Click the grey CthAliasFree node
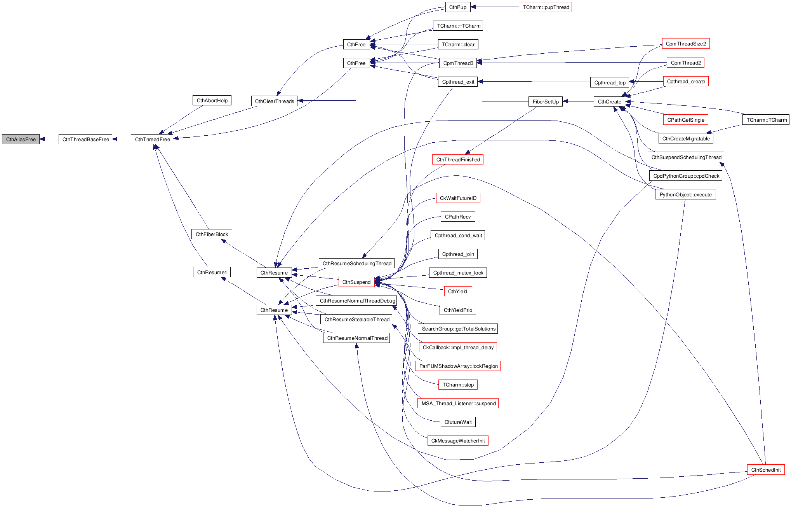coord(21,139)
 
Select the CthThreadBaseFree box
coord(85,139)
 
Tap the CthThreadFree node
coord(152,139)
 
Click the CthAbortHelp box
coord(212,100)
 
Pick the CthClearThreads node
coord(274,101)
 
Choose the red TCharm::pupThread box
coord(545,7)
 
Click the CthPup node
coord(457,7)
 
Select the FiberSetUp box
coord(545,101)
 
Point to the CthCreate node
coord(609,101)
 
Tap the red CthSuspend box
coord(356,282)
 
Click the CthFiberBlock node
coord(212,234)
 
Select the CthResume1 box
coord(212,272)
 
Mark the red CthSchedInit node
coord(766,470)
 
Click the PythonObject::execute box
coord(685,194)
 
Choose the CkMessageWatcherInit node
coord(458,441)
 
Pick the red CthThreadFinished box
coord(458,159)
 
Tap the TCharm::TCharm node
coord(766,120)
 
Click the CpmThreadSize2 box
coord(685,44)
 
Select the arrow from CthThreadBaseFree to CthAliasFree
coord(49,139)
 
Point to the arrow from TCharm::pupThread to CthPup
coord(495,7)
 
